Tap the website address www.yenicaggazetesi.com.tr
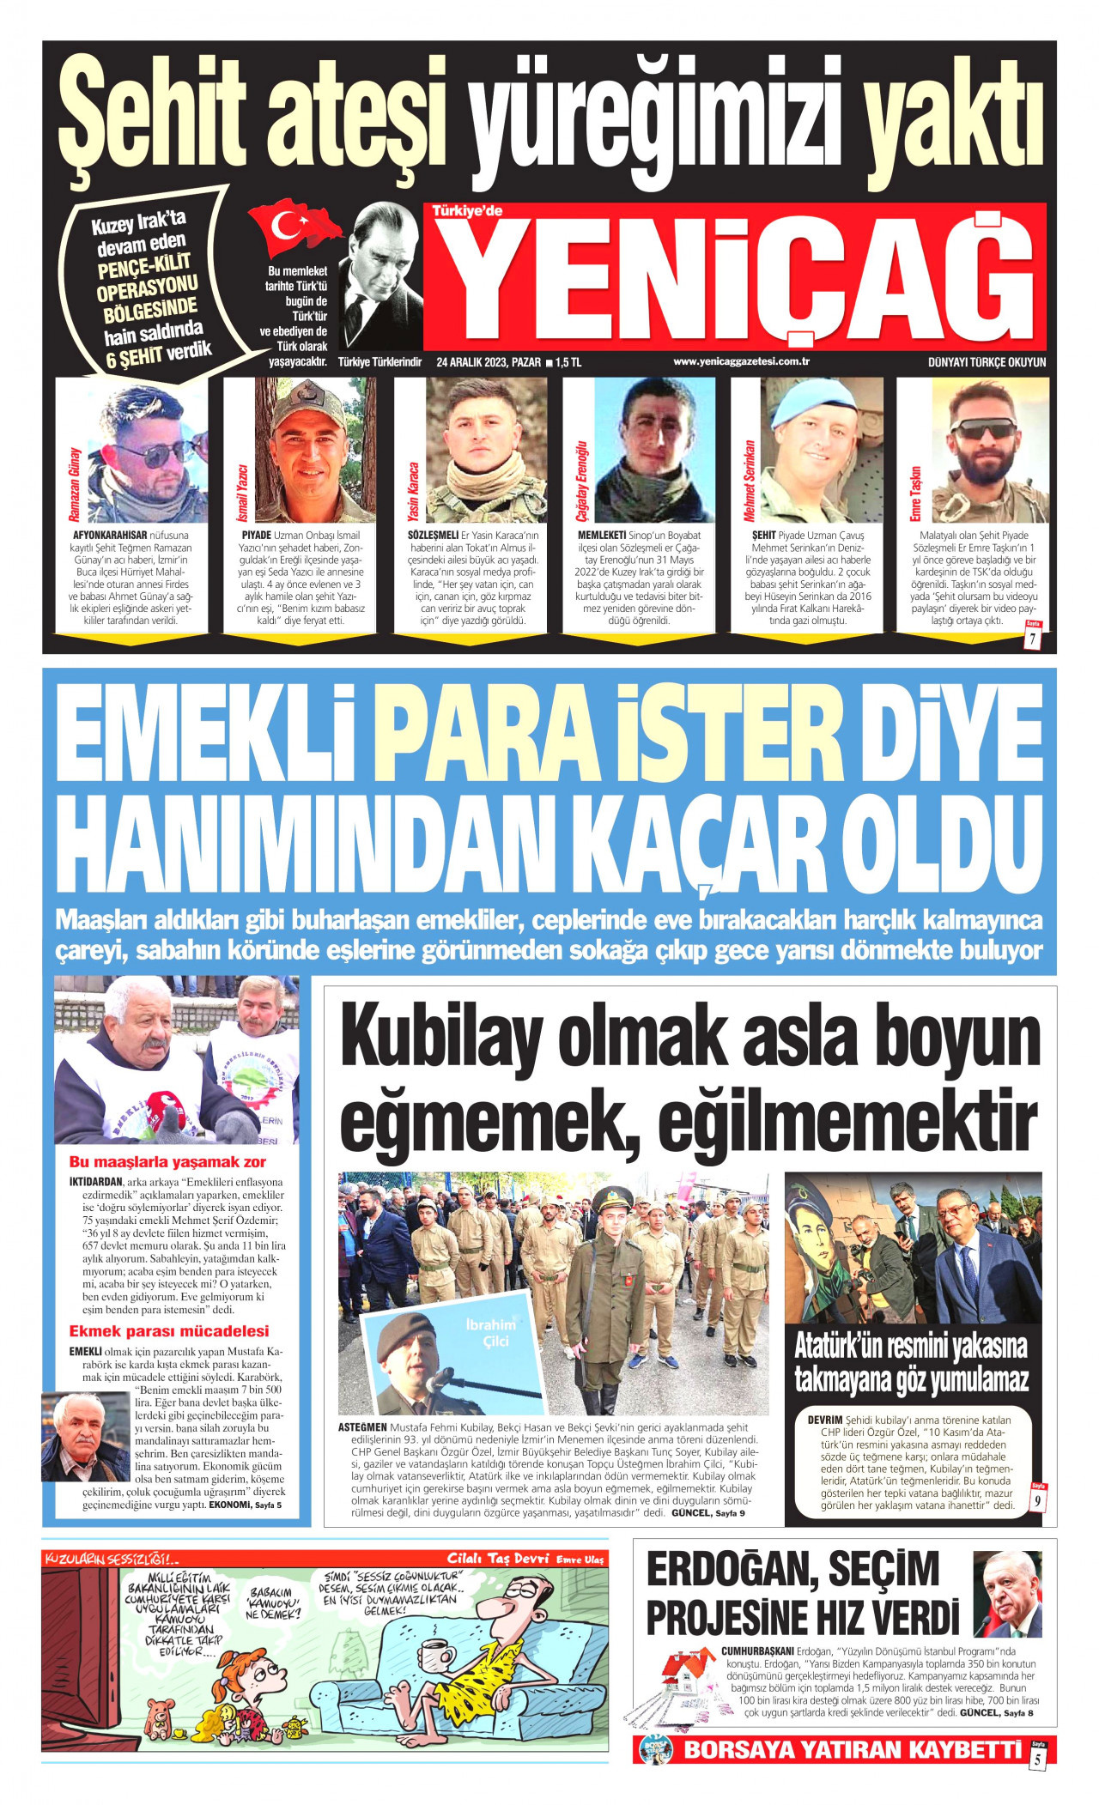pos(741,361)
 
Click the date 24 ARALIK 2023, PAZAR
pos(488,362)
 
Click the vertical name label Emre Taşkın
pos(915,494)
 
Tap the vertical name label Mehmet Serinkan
pos(749,482)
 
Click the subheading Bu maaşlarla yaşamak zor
pos(167,1163)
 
